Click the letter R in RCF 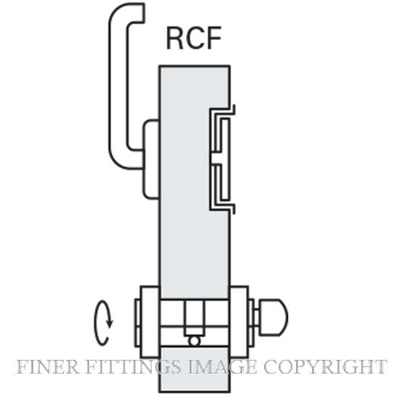point(175,38)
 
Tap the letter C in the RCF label point(194,38)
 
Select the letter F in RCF point(213,38)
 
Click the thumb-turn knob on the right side point(273,317)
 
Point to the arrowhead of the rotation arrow point(110,324)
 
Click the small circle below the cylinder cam point(194,341)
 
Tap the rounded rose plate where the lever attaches point(151,159)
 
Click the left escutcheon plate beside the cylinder point(150,322)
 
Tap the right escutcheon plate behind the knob point(239,322)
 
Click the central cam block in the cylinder point(194,318)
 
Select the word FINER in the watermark point(47,366)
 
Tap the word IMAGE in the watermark point(222,366)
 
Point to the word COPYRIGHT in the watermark point(325,366)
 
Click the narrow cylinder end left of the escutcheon point(137,323)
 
